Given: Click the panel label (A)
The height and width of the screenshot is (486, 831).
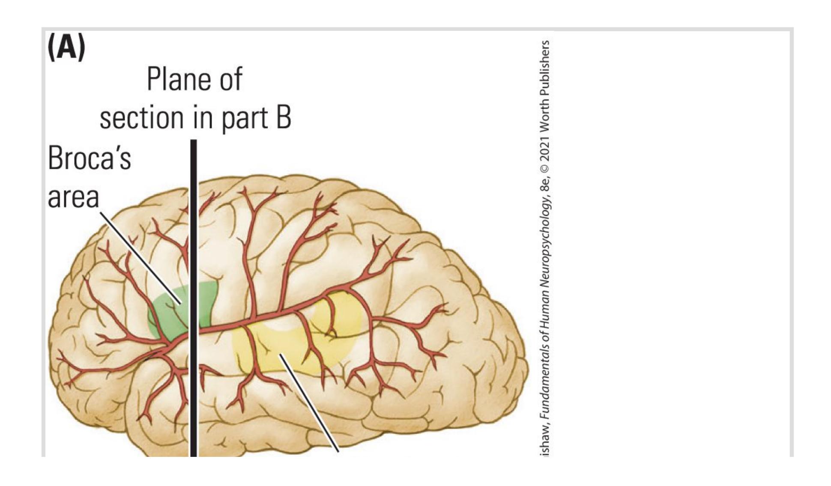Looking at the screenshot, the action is tap(66, 48).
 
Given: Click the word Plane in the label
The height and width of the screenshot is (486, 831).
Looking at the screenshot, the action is tap(178, 79).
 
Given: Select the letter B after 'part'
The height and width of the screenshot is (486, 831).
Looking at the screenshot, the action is tap(283, 117).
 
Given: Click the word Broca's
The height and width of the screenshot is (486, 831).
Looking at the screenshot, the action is tap(89, 158).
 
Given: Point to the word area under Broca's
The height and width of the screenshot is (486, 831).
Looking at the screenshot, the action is tap(73, 198).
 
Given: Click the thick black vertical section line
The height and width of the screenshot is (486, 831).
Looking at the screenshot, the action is tap(194, 298).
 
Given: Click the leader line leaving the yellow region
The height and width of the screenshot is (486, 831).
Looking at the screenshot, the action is tap(309, 403).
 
